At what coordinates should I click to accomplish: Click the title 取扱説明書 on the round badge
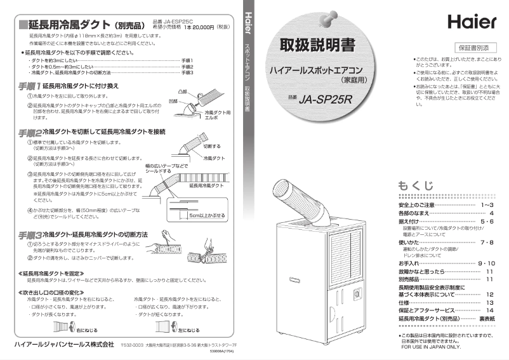coord(314,46)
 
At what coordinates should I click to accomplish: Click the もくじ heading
coord(416,185)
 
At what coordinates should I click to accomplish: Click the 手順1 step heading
coord(29,85)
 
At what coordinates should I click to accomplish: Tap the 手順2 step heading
coord(29,131)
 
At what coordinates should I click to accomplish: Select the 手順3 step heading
coord(29,235)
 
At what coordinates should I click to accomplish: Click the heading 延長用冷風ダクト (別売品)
coord(83,25)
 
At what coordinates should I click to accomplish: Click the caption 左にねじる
coord(189,331)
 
